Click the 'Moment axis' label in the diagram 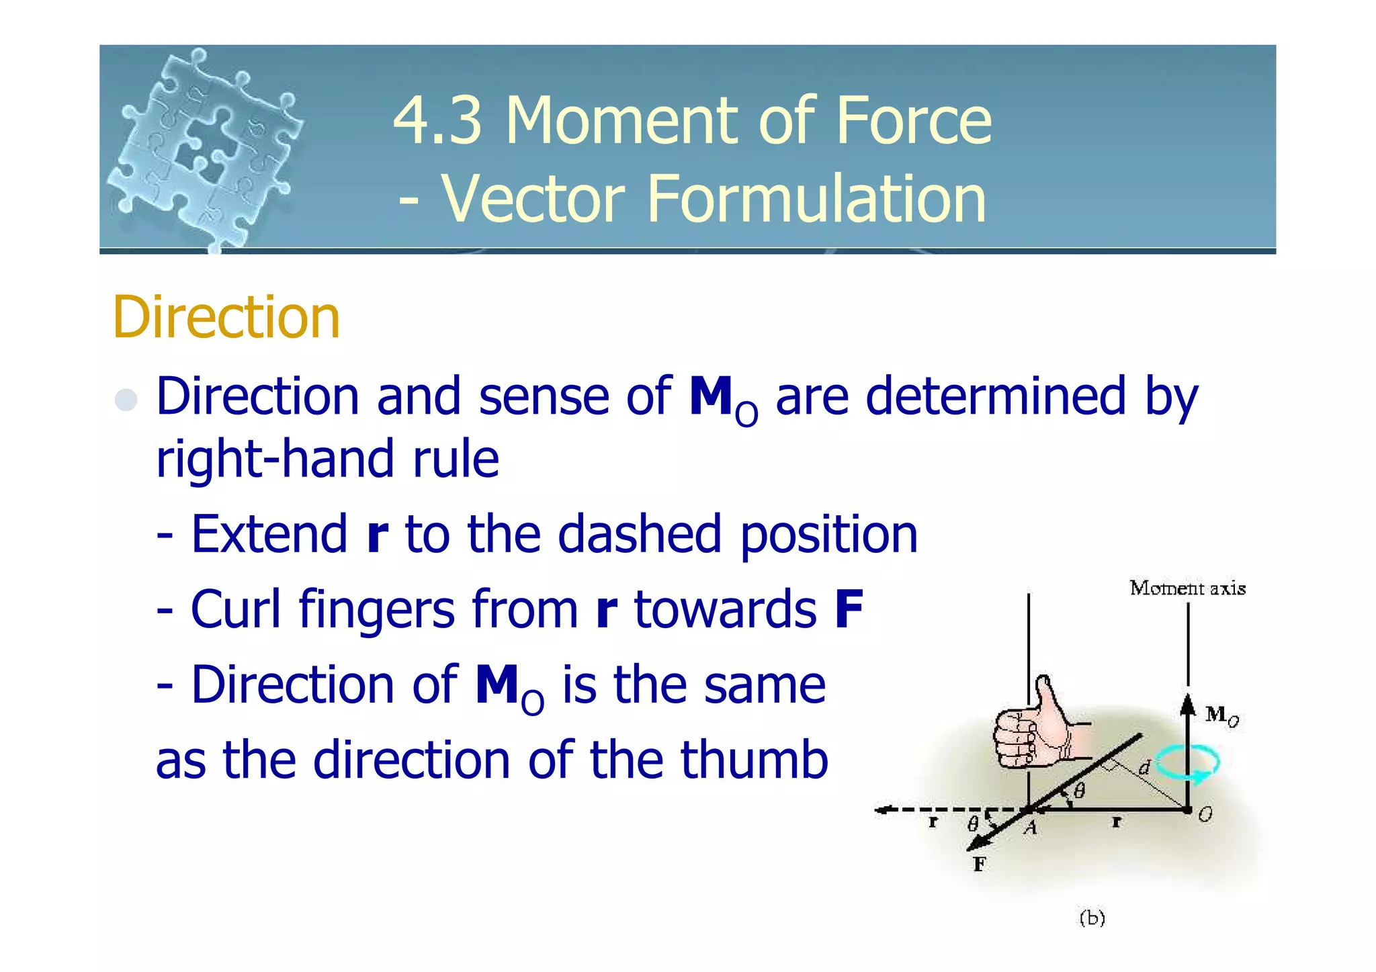pos(1187,588)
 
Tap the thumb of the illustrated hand pos(1047,699)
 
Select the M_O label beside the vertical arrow pos(1221,715)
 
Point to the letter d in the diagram pos(1144,766)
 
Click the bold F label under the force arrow pos(980,864)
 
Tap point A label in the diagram pos(1031,828)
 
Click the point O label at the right pos(1205,815)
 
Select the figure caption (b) pos(1092,918)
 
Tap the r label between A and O pos(1116,822)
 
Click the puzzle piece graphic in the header pos(205,148)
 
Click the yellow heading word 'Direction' pos(226,317)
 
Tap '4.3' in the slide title pos(437,120)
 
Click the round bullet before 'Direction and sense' pos(126,400)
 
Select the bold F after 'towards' pos(849,609)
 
